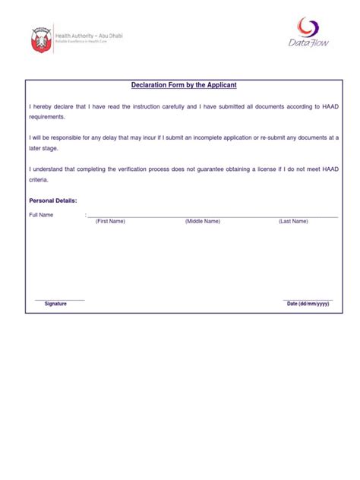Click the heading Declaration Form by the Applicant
coord(181,86)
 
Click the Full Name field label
coord(42,215)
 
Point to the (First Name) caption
coord(110,221)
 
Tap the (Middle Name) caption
coord(202,221)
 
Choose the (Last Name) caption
coord(293,221)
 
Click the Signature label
coord(55,304)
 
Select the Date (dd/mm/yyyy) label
coord(308,304)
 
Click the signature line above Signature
coord(60,299)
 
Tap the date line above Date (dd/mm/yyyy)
coord(308,299)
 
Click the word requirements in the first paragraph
coord(48,118)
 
